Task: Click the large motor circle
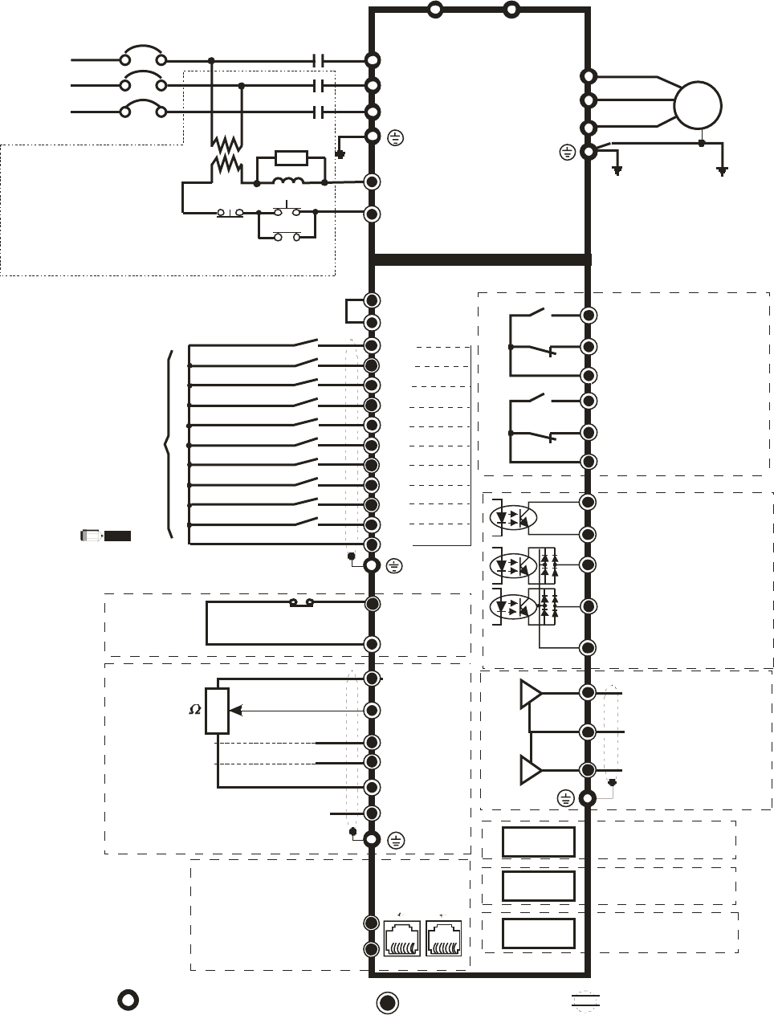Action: point(698,105)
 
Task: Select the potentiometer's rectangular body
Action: point(218,711)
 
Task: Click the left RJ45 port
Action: point(402,938)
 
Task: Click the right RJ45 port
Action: point(444,938)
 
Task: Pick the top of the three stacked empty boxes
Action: point(538,842)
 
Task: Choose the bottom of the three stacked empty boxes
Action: point(538,933)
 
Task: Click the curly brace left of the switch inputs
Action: point(168,444)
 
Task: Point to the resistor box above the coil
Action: point(290,157)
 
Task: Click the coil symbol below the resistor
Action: point(289,182)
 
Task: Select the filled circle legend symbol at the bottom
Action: point(388,1002)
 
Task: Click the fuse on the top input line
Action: point(143,59)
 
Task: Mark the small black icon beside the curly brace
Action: point(106,535)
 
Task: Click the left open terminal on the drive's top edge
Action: point(435,10)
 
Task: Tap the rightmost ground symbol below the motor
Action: point(723,170)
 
